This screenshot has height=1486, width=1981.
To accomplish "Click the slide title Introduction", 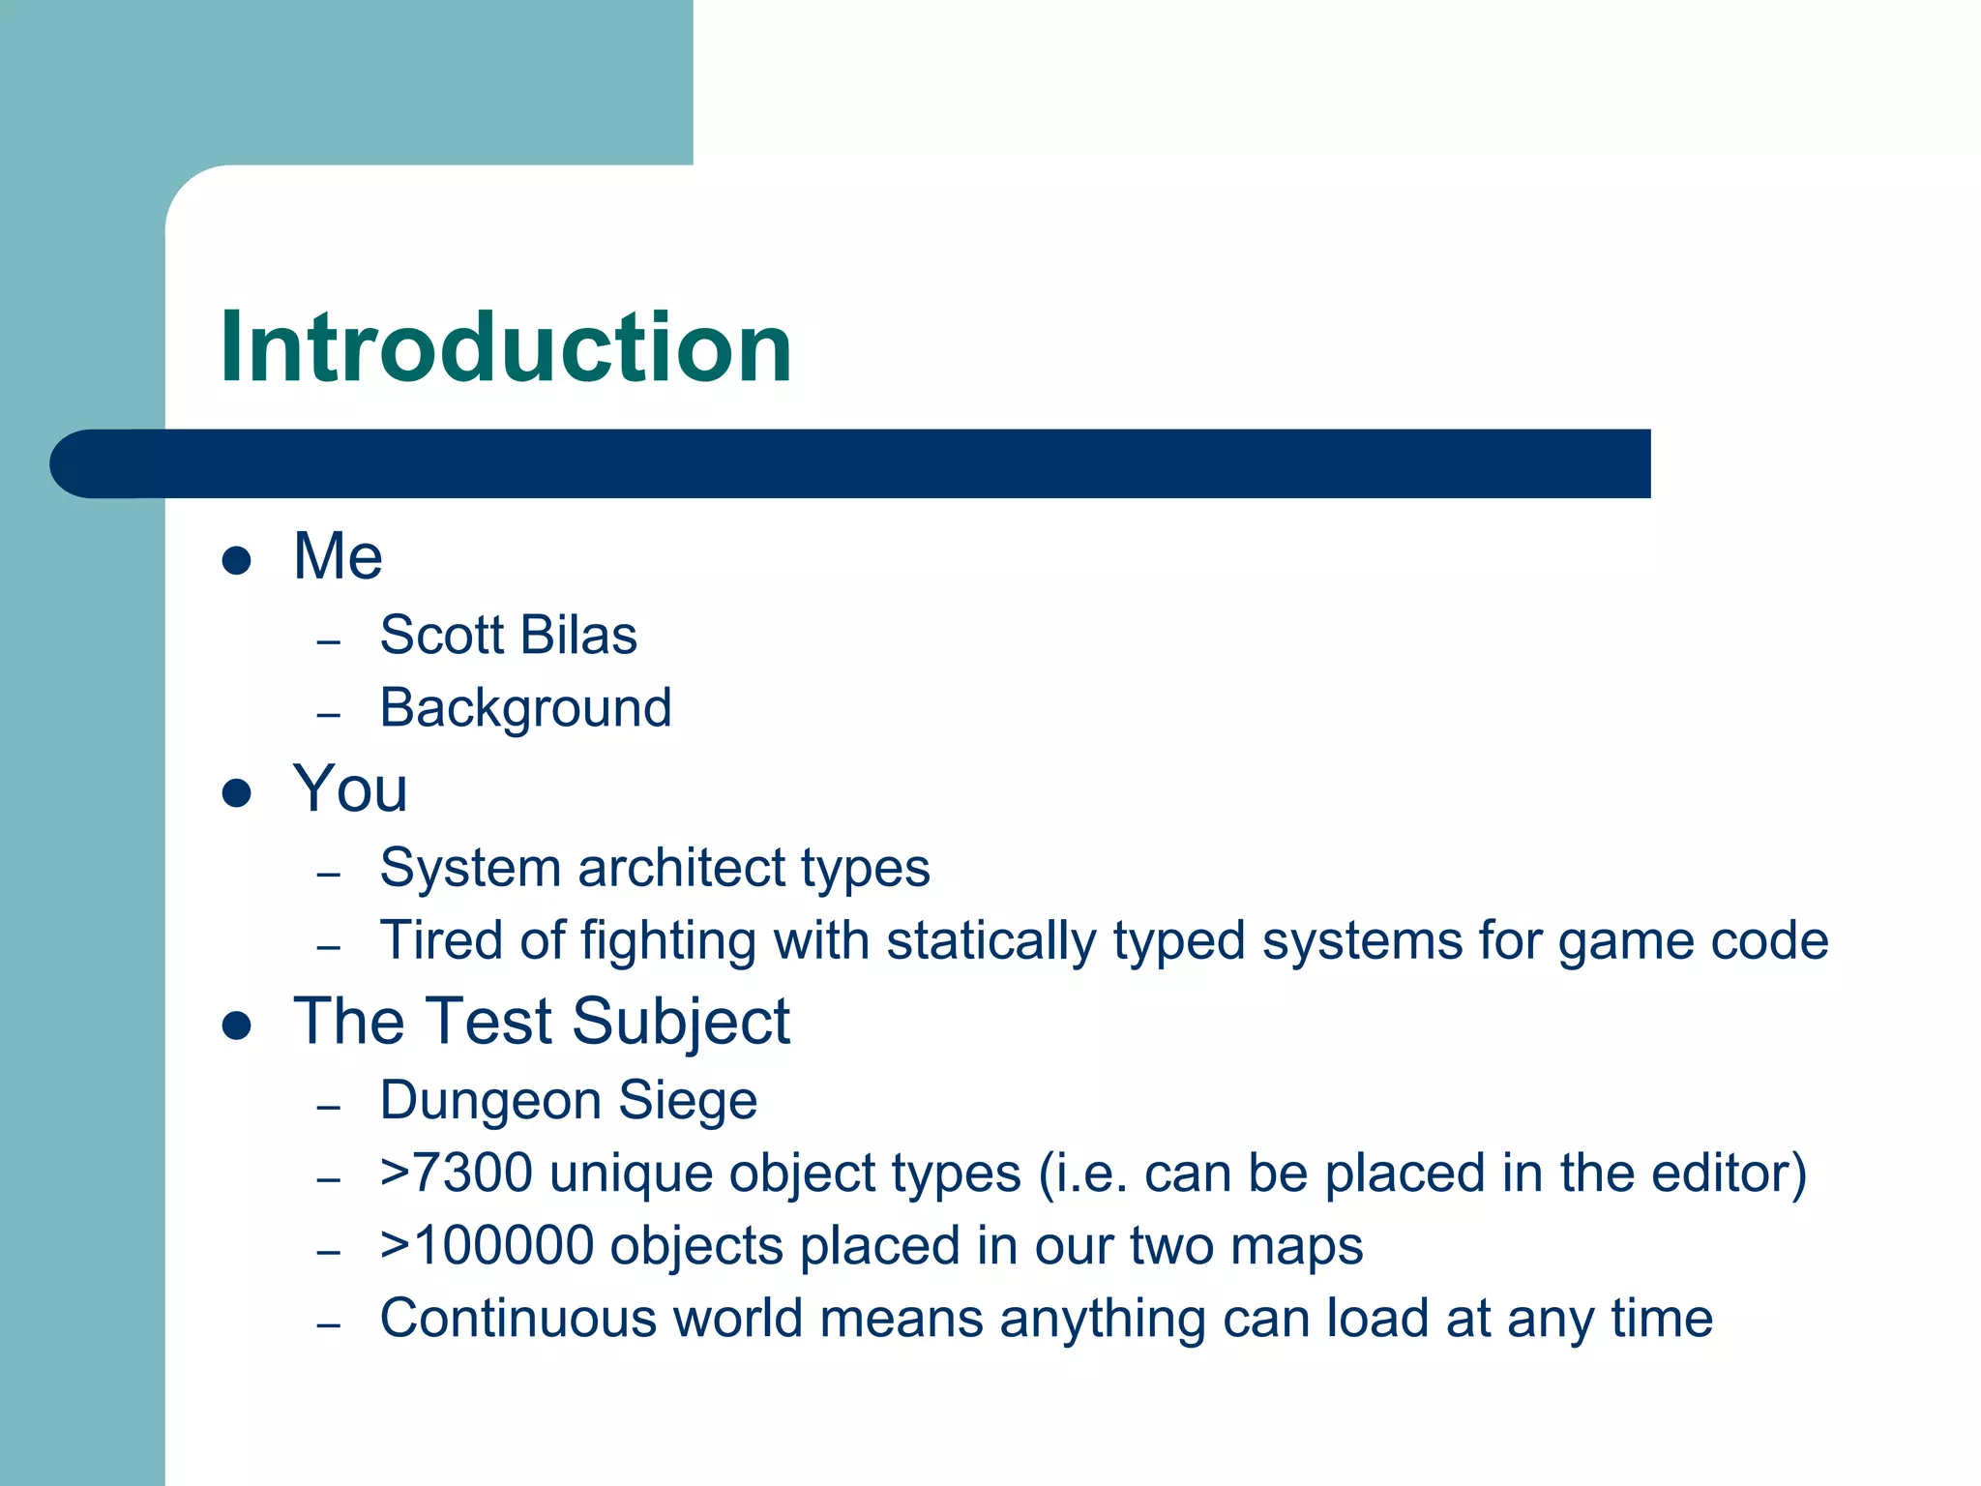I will click(x=505, y=347).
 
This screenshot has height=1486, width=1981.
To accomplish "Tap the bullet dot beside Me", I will click(x=237, y=560).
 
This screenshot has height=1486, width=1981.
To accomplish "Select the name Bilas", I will click(x=578, y=636).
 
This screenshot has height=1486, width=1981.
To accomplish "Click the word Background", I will click(x=525, y=708).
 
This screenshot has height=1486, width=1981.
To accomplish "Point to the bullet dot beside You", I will click(x=237, y=793).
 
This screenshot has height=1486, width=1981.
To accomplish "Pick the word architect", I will click(x=669, y=868).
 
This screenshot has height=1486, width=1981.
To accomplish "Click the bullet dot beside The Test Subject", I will click(x=237, y=1025).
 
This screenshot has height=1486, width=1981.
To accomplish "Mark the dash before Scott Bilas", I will click(x=329, y=642).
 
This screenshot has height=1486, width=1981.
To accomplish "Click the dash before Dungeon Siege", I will click(x=329, y=1107).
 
